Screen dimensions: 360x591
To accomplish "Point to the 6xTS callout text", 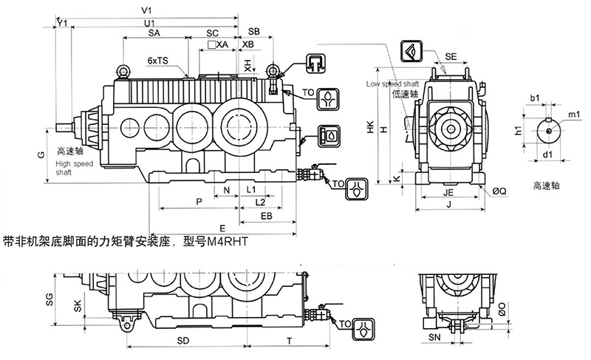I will (x=157, y=59).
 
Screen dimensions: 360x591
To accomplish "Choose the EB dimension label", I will (x=267, y=216).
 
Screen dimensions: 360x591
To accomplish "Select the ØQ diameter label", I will (x=500, y=189).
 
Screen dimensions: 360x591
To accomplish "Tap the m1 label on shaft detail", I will (x=573, y=115).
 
